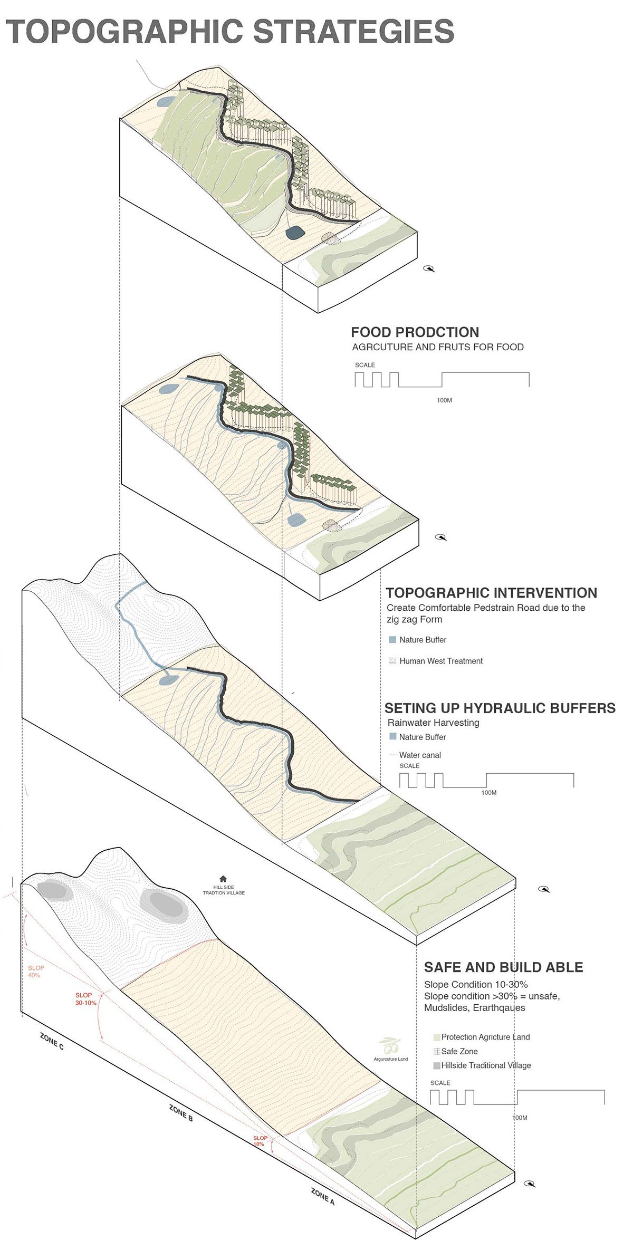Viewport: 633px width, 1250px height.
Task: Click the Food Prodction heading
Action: (415, 332)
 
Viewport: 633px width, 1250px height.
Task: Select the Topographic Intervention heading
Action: (491, 593)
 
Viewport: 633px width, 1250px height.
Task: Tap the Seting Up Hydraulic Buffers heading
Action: (500, 708)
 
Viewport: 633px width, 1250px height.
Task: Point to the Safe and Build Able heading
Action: (503, 967)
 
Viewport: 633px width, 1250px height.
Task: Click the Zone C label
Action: (52, 1041)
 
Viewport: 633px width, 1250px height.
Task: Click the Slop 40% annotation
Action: (36, 972)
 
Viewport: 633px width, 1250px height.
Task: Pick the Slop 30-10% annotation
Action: (85, 999)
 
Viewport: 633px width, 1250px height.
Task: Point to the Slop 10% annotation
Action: (260, 1141)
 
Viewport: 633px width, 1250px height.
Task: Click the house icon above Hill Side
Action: (223, 879)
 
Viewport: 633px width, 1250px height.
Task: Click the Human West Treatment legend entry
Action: (440, 661)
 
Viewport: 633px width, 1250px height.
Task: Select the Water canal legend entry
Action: (419, 755)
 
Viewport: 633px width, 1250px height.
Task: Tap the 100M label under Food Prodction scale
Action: (444, 400)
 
